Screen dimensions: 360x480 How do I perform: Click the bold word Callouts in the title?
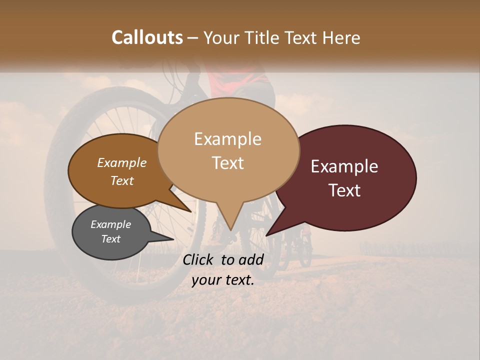147,37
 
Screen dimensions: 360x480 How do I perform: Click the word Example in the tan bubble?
227,139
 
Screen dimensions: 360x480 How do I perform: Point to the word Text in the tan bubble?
227,163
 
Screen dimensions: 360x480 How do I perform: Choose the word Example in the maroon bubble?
344,166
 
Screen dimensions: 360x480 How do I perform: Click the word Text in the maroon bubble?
344,190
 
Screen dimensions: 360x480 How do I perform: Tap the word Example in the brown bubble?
121,163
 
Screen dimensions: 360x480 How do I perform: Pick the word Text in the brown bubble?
121,180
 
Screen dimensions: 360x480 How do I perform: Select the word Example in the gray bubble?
110,224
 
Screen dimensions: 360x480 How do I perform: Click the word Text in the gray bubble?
110,239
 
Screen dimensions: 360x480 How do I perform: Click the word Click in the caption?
198,259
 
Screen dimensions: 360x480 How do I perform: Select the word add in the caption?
252,259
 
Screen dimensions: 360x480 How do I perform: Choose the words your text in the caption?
222,280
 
